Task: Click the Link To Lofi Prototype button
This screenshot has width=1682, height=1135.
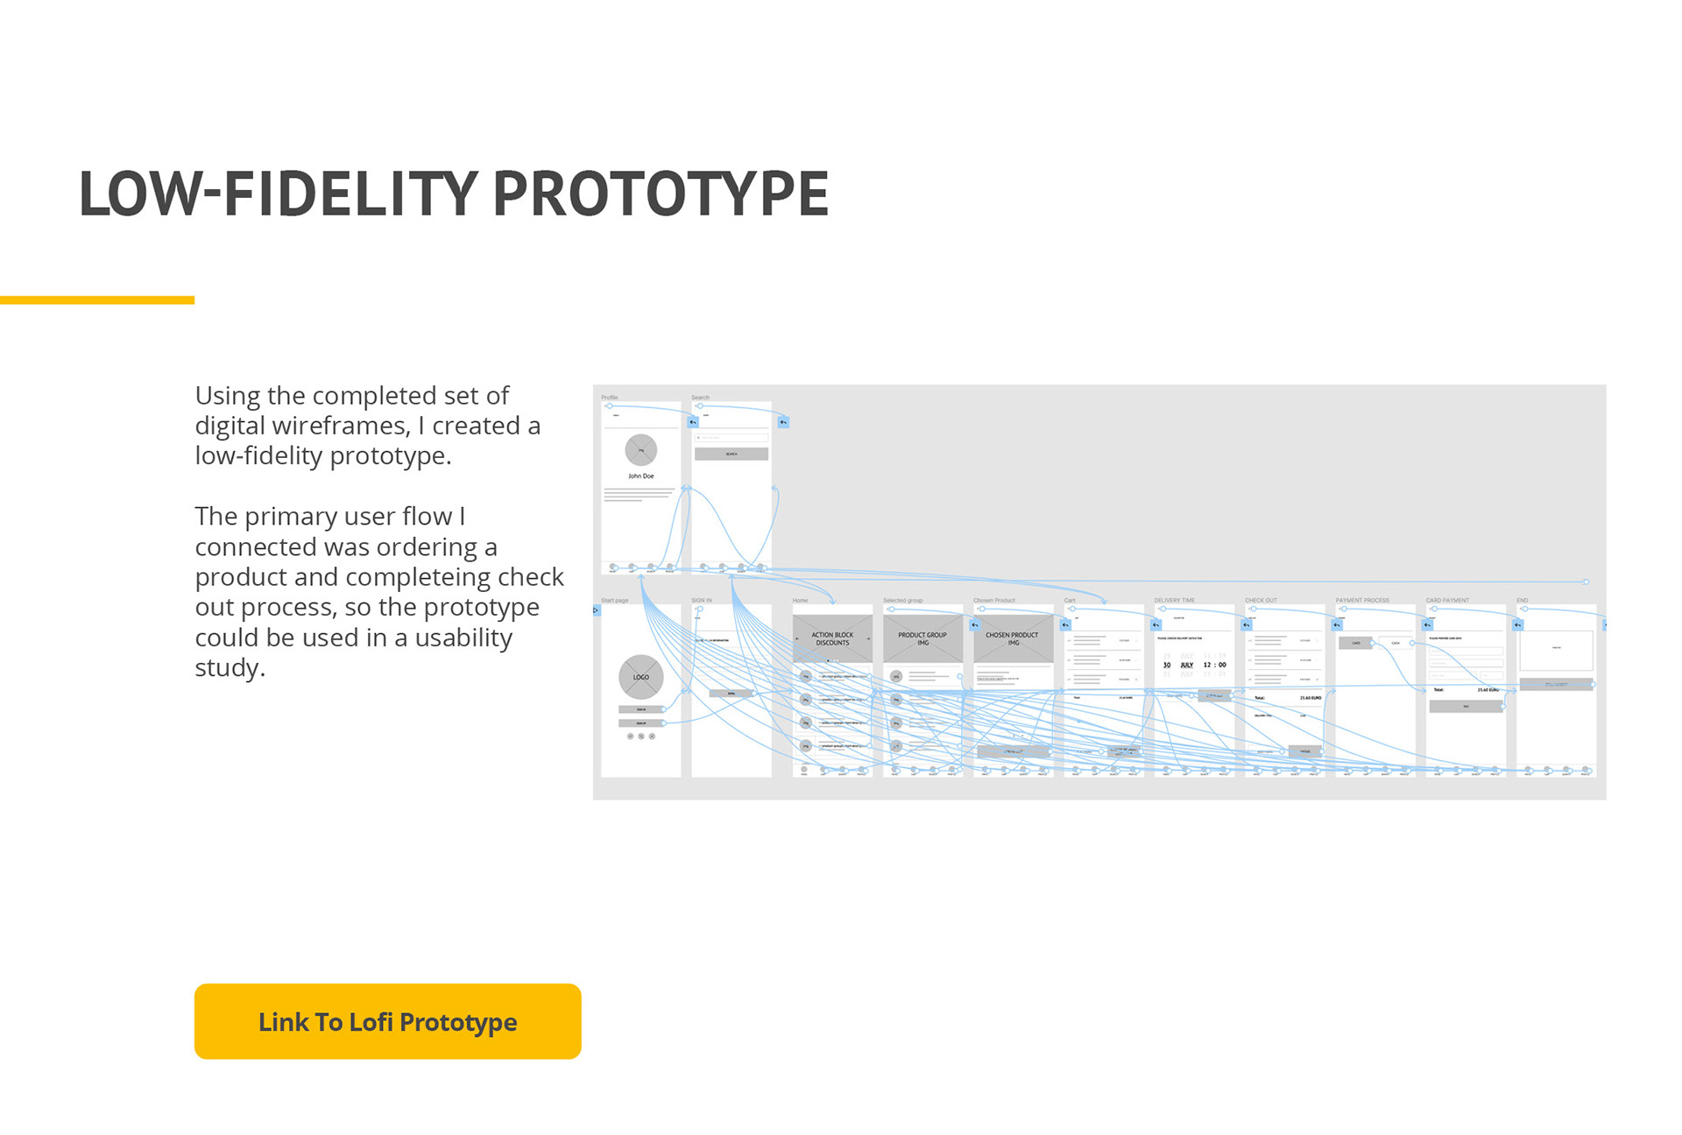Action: point(387,1021)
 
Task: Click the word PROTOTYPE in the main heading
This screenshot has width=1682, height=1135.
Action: point(661,194)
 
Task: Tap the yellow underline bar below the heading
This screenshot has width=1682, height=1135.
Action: point(97,300)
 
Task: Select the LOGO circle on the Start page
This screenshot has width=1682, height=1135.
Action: point(641,677)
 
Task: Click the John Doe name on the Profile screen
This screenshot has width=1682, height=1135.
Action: point(641,476)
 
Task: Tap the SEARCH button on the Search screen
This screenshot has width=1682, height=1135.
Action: point(731,455)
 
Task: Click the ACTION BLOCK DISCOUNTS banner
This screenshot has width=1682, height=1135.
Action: point(832,639)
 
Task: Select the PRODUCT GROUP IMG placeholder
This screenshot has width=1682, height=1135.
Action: point(922,639)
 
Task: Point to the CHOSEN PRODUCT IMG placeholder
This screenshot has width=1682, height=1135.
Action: point(1012,639)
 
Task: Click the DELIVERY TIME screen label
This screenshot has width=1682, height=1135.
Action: point(1175,601)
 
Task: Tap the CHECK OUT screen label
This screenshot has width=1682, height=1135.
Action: point(1261,601)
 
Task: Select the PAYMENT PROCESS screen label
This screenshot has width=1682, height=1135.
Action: point(1362,601)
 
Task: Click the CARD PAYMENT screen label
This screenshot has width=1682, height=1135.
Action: point(1447,601)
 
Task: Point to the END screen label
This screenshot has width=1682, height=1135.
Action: point(1523,601)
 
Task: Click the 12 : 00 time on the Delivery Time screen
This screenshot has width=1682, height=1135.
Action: point(1215,665)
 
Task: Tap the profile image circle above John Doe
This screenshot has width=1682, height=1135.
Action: point(641,450)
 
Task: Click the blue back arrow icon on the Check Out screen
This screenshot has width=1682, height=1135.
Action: point(1247,625)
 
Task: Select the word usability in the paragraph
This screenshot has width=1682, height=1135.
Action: point(463,638)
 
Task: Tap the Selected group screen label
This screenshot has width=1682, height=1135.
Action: point(902,601)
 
